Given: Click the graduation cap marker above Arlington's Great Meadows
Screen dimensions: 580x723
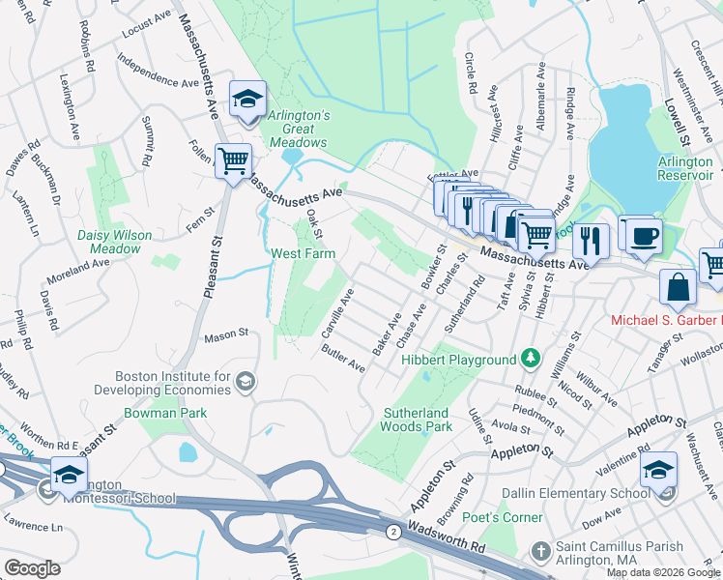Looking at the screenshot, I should (247, 99).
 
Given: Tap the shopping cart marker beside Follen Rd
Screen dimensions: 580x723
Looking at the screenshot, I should (232, 160).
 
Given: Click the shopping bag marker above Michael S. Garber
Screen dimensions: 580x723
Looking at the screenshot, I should (678, 286).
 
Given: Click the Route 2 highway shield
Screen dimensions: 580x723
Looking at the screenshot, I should (393, 532).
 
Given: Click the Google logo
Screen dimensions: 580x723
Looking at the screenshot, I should (32, 567).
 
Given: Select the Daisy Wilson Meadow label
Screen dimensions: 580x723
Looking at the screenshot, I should (115, 242).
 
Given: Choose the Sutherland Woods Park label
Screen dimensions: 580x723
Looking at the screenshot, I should (417, 420).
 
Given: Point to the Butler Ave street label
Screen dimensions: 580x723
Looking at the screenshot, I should (344, 360).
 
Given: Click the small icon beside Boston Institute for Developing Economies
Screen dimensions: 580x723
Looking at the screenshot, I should (246, 381).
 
